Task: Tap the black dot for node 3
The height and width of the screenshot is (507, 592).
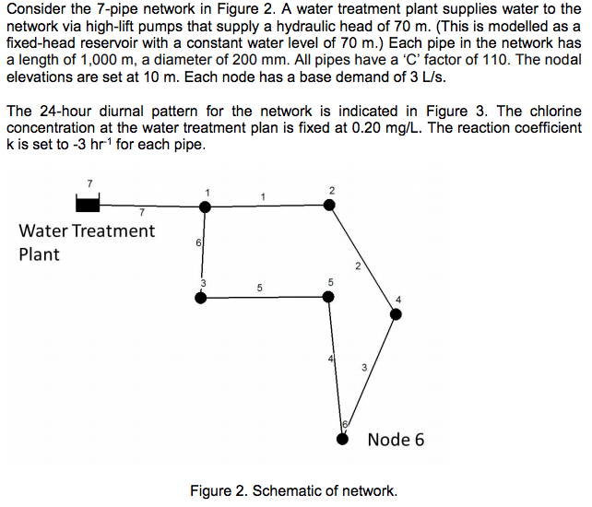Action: click(202, 297)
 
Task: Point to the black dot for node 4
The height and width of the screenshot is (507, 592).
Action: click(396, 314)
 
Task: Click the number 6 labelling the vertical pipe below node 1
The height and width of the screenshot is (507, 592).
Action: click(198, 242)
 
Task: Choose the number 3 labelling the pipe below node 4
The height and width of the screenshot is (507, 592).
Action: click(364, 367)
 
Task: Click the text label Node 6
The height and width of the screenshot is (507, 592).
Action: click(396, 439)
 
